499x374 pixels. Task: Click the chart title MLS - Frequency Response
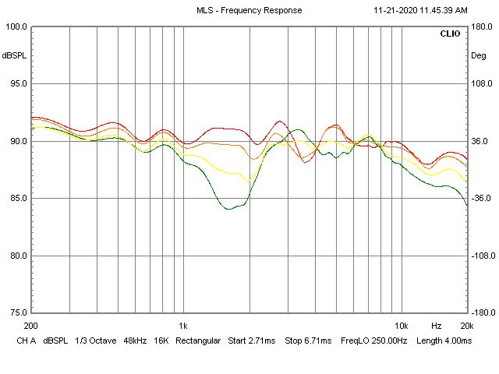pos(249,10)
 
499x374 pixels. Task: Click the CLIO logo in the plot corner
pos(450,34)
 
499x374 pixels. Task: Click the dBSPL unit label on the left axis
pos(15,55)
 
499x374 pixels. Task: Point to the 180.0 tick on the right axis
pos(480,26)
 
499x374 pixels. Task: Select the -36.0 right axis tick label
pos(480,198)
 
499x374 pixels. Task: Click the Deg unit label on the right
pos(478,55)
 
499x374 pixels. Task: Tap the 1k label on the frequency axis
pos(182,326)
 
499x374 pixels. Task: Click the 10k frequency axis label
pos(401,326)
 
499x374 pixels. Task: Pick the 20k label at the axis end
pos(465,326)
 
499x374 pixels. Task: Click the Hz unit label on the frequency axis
pos(437,326)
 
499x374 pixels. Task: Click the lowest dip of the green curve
pos(228,209)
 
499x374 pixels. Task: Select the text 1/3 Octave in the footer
pos(95,341)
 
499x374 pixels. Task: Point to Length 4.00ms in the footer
pos(444,341)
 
